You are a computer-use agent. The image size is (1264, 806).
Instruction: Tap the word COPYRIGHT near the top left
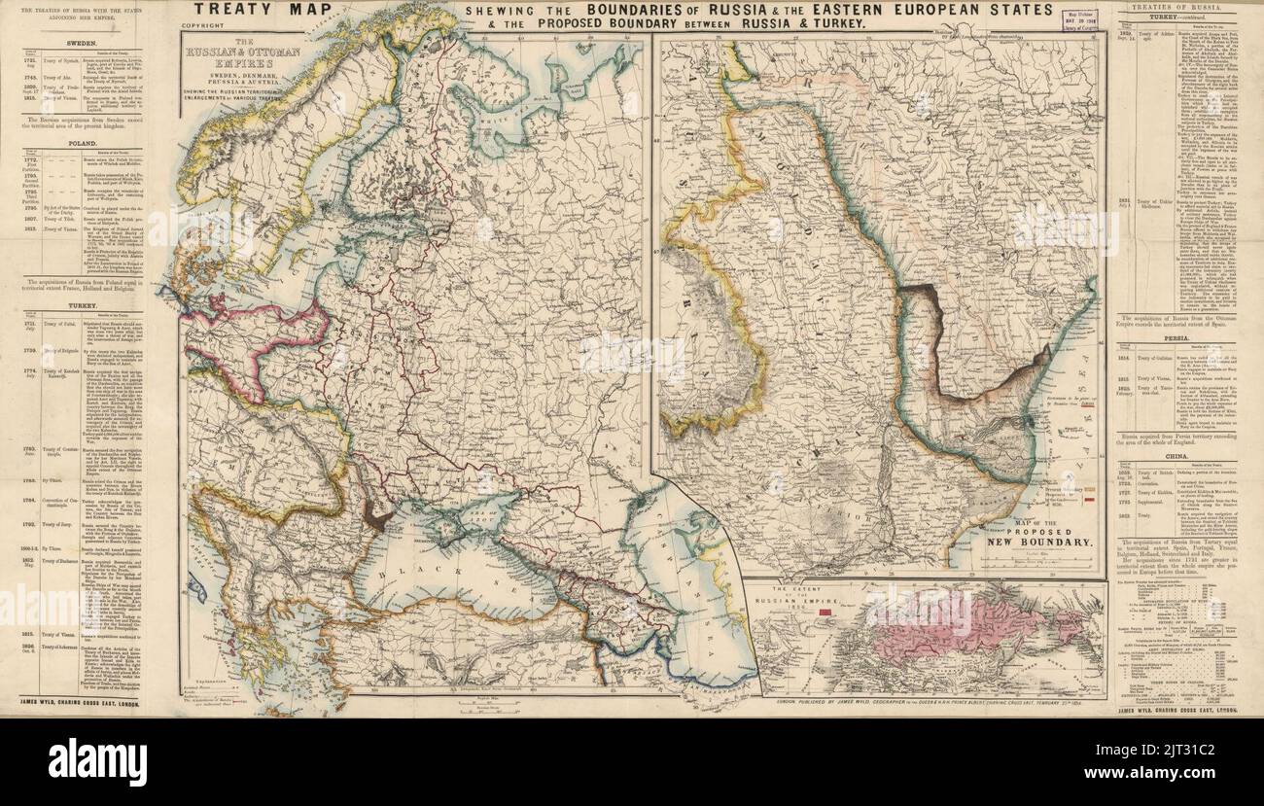pos(210,28)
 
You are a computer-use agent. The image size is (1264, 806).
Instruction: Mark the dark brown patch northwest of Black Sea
pos(375,519)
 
